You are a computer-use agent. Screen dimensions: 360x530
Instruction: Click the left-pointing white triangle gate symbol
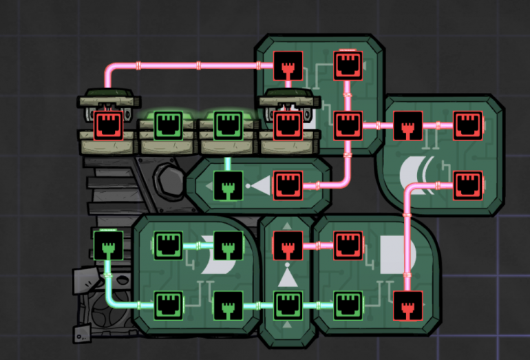point(260,185)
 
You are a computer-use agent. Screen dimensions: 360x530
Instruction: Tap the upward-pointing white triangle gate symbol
point(288,277)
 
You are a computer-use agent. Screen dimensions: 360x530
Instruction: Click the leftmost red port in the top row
point(108,126)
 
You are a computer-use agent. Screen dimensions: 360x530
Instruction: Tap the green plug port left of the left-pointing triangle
point(228,185)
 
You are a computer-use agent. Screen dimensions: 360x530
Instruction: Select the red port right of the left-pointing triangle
point(288,185)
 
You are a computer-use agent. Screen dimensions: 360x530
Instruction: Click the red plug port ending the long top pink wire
point(288,65)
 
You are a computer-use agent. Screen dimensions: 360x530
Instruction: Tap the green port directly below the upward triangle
point(288,305)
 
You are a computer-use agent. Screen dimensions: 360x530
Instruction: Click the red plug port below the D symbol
point(407,306)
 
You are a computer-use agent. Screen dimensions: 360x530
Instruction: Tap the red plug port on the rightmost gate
point(407,126)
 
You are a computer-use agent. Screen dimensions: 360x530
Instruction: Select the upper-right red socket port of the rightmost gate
point(467,126)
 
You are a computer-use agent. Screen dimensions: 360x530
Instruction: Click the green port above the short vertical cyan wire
point(228,126)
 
